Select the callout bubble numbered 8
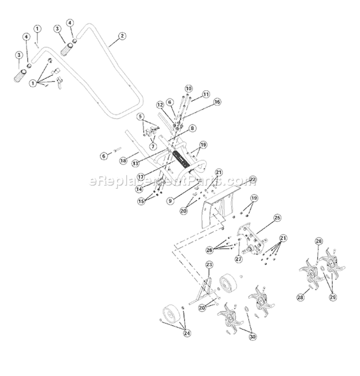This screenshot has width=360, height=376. pyautogui.click(x=178, y=128)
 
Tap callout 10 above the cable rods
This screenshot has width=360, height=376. pyautogui.click(x=188, y=88)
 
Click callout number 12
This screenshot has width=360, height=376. pyautogui.click(x=160, y=105)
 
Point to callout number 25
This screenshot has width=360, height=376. pyautogui.click(x=276, y=218)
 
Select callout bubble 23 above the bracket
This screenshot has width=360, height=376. pyautogui.click(x=209, y=265)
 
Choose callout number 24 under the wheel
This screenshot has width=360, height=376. pyautogui.click(x=187, y=333)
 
